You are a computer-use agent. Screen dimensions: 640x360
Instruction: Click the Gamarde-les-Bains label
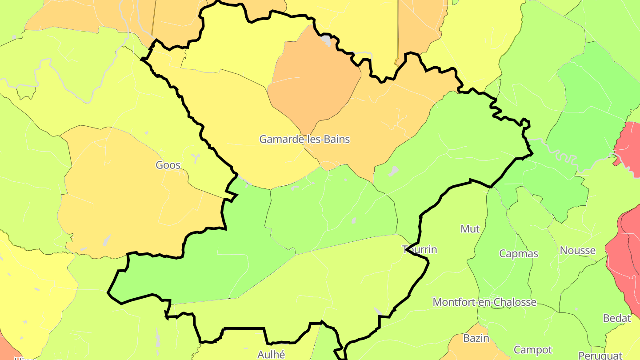(x=304, y=140)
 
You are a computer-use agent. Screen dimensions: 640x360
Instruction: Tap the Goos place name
(x=168, y=165)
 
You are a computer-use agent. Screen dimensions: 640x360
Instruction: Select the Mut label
(x=470, y=229)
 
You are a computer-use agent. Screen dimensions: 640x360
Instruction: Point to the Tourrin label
(x=420, y=249)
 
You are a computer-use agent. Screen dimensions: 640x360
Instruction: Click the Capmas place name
(x=519, y=254)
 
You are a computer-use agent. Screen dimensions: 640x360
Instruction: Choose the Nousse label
(x=577, y=250)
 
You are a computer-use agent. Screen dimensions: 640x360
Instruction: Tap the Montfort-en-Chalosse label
(x=484, y=302)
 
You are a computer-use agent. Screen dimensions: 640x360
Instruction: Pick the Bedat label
(x=617, y=318)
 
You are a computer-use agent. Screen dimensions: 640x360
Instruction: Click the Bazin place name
(x=476, y=338)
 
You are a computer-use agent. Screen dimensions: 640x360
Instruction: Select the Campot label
(x=532, y=350)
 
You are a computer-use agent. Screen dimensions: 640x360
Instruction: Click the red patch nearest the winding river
(x=629, y=142)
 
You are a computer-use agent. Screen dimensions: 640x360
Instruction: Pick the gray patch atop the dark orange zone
(x=327, y=41)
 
